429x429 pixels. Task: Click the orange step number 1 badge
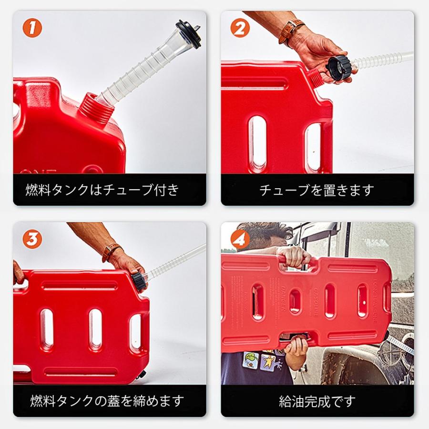pos(32,28)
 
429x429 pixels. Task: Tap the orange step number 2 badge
pos(240,28)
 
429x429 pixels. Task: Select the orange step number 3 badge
pos(32,239)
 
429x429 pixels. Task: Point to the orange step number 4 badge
pos(240,239)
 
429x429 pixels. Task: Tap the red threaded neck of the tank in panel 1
pos(96,107)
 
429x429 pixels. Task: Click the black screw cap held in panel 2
pos(339,68)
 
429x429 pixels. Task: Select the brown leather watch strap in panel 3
pos(112,252)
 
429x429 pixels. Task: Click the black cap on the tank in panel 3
pos(139,282)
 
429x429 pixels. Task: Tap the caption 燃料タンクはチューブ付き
pos(102,189)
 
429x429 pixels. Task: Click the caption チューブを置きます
pos(317,190)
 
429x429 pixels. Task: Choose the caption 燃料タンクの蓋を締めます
pos(107,401)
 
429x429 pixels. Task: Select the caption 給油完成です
pos(317,401)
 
